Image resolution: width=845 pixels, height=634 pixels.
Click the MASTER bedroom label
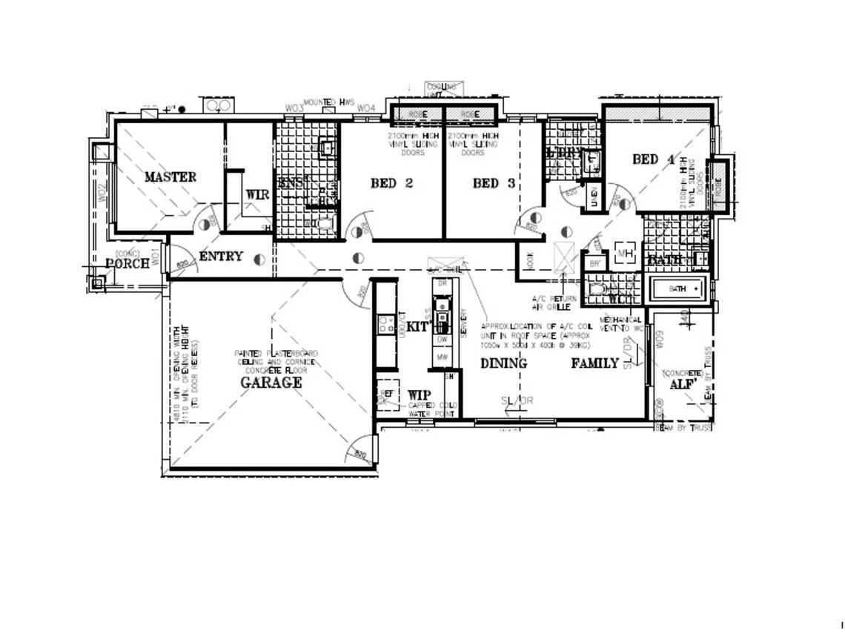coord(170,177)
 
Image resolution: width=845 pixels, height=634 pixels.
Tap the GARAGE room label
coord(271,383)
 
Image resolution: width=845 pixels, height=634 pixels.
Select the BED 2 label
coord(391,183)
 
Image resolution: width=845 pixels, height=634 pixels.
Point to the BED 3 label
coord(494,183)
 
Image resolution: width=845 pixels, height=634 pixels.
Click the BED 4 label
coord(653,159)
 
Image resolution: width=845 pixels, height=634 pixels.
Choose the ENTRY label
coord(221,257)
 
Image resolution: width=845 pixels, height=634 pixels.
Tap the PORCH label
coord(127,263)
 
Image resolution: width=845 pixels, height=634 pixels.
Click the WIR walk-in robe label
coord(257,194)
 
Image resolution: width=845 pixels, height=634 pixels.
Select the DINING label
coord(503,363)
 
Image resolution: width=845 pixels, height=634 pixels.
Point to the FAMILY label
coord(594,363)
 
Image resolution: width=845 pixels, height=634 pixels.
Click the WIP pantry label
coord(420,395)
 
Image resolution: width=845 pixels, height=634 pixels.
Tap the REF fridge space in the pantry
coord(386,394)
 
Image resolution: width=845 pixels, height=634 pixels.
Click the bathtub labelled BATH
coord(678,288)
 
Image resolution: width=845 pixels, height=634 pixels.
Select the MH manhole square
coord(624,254)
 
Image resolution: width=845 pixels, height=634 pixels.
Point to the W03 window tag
coord(295,109)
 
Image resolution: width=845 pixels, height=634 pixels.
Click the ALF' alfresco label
coord(681,385)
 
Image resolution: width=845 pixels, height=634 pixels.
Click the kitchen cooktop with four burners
coord(386,324)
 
